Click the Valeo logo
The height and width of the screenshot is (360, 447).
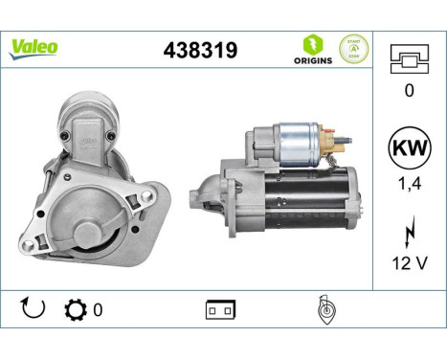(34, 47)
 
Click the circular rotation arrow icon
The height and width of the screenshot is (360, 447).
(33, 308)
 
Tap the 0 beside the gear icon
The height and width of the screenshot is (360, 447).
(98, 309)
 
